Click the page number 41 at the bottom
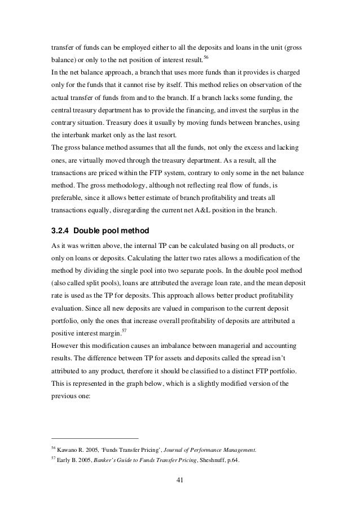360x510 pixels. coord(179,481)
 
